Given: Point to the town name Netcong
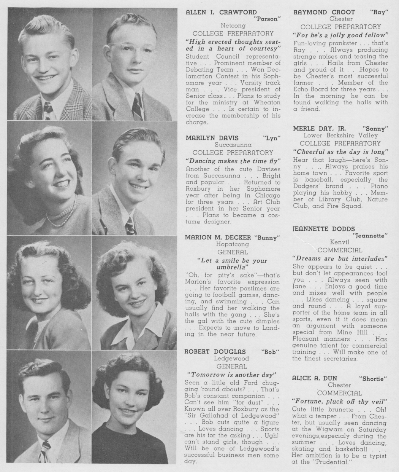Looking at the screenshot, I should click(233, 26).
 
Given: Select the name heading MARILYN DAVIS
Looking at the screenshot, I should click(212, 138).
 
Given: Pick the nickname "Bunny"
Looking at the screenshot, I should click(269, 238).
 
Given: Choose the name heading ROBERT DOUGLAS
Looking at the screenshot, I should click(215, 351).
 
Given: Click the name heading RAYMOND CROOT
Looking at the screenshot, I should click(324, 12).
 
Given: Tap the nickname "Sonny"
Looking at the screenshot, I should click(375, 129).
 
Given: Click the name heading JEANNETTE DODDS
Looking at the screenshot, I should click(324, 229).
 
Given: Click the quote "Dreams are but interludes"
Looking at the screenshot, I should click(340, 259).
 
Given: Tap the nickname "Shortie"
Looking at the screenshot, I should click(373, 378).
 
